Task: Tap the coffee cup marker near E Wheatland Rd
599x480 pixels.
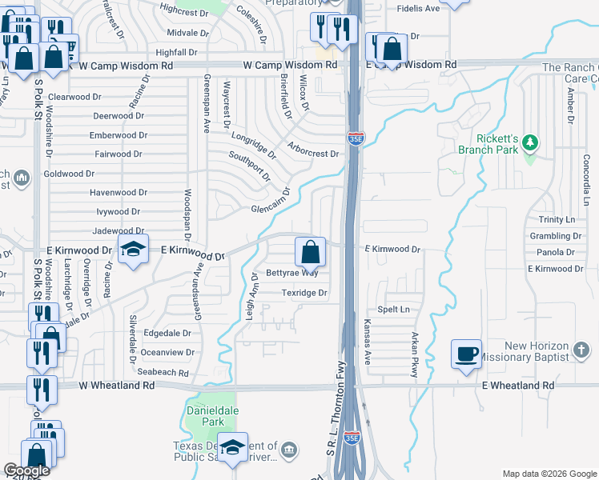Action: [x=466, y=353]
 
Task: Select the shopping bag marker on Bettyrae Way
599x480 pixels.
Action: [x=310, y=252]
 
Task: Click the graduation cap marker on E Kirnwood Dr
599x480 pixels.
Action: [x=133, y=249]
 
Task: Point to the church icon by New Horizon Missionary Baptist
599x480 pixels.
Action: [x=581, y=350]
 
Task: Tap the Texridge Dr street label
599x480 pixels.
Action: [x=304, y=294]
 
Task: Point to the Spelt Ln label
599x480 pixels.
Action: [x=393, y=310]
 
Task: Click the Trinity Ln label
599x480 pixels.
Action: [x=557, y=220]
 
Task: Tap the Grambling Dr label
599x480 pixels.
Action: [x=556, y=236]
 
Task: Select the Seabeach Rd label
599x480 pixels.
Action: [x=162, y=373]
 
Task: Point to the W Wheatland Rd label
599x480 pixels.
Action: [x=116, y=386]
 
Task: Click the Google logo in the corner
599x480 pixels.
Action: [x=26, y=470]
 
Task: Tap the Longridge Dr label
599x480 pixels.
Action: [x=254, y=144]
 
